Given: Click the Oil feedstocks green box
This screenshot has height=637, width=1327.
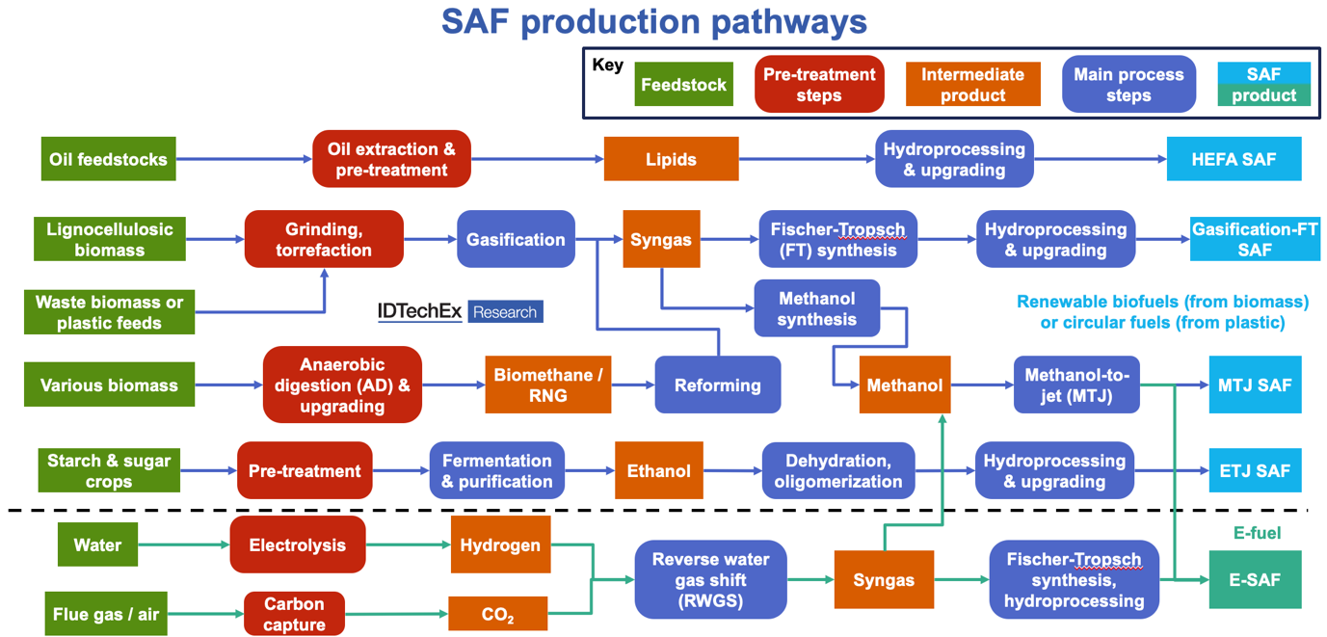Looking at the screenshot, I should (x=109, y=159).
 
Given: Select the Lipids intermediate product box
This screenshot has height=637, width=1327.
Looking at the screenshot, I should (x=671, y=159).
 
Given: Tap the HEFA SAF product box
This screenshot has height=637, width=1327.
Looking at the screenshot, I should (x=1234, y=159).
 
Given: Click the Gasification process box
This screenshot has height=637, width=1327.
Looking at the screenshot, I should (x=516, y=239).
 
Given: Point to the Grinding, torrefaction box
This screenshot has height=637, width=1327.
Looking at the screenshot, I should (x=324, y=239).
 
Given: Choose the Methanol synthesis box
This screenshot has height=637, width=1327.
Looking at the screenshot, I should (x=816, y=308).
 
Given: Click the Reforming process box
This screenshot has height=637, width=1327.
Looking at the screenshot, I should (x=717, y=385).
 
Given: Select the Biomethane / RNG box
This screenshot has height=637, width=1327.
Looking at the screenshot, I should (x=547, y=385).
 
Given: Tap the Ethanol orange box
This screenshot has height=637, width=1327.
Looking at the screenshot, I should (x=659, y=470).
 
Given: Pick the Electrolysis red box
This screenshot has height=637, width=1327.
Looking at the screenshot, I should (x=297, y=544).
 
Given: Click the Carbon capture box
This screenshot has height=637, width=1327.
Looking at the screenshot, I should (x=294, y=614).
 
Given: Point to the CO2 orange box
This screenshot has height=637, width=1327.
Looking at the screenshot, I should (x=497, y=614).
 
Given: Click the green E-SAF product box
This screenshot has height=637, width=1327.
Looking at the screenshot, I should (x=1255, y=579).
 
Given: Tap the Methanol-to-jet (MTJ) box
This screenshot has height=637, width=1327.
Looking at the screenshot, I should (x=1076, y=385).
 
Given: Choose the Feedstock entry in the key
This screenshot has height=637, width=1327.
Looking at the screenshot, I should (x=683, y=85).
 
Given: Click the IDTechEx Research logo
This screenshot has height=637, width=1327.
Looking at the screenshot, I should (x=460, y=311).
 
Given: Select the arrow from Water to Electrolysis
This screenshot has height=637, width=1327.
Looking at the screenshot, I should (x=183, y=545).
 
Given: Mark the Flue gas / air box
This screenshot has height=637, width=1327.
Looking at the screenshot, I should (x=107, y=614).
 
